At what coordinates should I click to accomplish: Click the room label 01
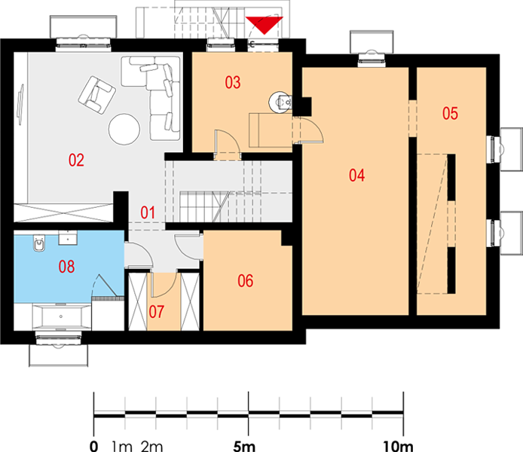(x=148, y=212)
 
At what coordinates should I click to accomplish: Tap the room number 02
(x=76, y=160)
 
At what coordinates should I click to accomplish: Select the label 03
(x=232, y=82)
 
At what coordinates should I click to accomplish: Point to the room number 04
(x=357, y=176)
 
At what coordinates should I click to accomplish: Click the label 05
(x=450, y=113)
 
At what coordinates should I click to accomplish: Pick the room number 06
(x=245, y=281)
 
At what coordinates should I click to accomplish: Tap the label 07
(x=157, y=312)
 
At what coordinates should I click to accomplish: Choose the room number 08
(x=67, y=267)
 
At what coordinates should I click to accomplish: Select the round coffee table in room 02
(x=124, y=130)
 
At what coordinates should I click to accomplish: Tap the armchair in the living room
(x=96, y=95)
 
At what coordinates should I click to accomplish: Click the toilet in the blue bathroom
(x=39, y=243)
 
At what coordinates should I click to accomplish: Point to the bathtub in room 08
(x=61, y=316)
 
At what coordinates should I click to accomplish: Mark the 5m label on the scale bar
(x=244, y=446)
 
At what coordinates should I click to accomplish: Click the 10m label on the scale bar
(x=398, y=446)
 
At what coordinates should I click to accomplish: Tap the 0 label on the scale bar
(x=94, y=446)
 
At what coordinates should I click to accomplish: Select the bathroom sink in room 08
(x=68, y=237)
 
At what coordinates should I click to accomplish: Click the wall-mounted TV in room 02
(x=20, y=105)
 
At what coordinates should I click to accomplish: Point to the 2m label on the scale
(x=151, y=446)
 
